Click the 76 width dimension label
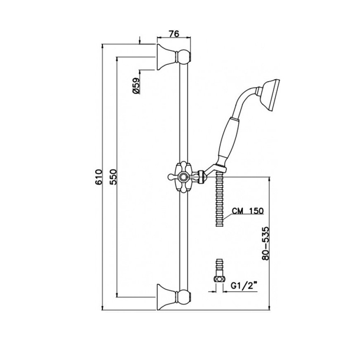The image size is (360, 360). pos(174,34)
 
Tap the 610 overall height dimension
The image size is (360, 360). pos(99,177)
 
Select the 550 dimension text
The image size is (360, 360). pos(113,177)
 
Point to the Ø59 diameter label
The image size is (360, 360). pos(136,85)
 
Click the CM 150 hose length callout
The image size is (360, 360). pos(247,210)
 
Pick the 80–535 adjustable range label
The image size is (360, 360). pos(266,243)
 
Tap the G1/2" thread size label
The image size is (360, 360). pos(244,286)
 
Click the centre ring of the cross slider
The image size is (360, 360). pos(184,177)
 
